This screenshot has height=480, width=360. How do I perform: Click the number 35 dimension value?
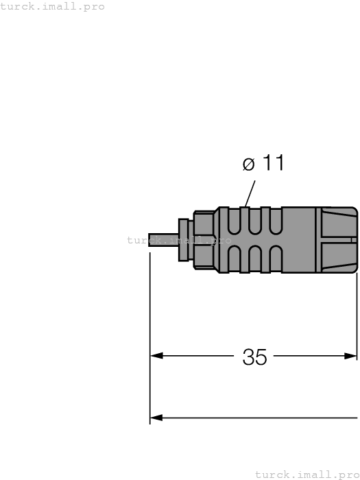(254, 357)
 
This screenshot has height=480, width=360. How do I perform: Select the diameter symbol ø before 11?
(249, 164)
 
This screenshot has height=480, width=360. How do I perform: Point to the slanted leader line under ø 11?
(250, 193)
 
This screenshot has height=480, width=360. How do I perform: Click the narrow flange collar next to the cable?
(184, 240)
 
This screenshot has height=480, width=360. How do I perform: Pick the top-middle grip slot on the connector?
(255, 220)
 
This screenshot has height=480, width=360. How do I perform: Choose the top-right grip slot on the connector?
(275, 220)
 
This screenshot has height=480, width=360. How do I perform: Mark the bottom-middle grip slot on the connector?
(255, 259)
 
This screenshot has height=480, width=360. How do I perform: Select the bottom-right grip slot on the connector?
(275, 259)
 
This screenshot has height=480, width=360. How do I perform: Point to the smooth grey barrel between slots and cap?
(299, 240)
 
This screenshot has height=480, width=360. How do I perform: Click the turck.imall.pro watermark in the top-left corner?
(53, 6)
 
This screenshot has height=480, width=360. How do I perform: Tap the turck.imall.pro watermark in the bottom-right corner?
(307, 474)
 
